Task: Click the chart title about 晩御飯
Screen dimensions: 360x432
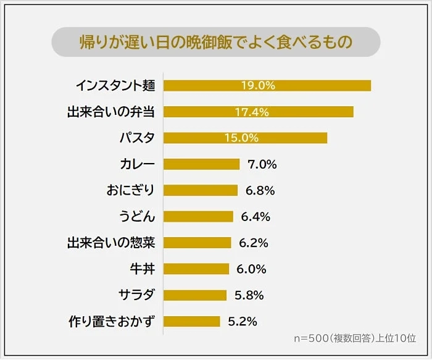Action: coord(215,42)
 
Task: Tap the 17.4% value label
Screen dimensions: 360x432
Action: coord(251,112)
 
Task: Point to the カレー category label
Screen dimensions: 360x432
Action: coord(138,164)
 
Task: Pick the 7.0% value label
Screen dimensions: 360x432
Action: coord(262,164)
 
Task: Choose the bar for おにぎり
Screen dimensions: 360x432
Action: coord(201,190)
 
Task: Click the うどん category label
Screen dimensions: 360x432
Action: coord(137,217)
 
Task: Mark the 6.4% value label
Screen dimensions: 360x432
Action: coord(255,217)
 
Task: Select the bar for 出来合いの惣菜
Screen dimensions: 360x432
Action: coord(197,243)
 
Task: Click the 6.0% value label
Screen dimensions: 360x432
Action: coord(251,269)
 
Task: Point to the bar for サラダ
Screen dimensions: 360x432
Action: coord(195,295)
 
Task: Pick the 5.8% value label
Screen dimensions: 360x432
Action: coord(249,295)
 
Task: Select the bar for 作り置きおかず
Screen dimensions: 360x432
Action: coord(192,321)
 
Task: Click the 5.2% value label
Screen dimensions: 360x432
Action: coord(243,321)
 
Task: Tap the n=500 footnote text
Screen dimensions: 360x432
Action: coord(355,338)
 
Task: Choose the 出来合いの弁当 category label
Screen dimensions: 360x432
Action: coord(110,112)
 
